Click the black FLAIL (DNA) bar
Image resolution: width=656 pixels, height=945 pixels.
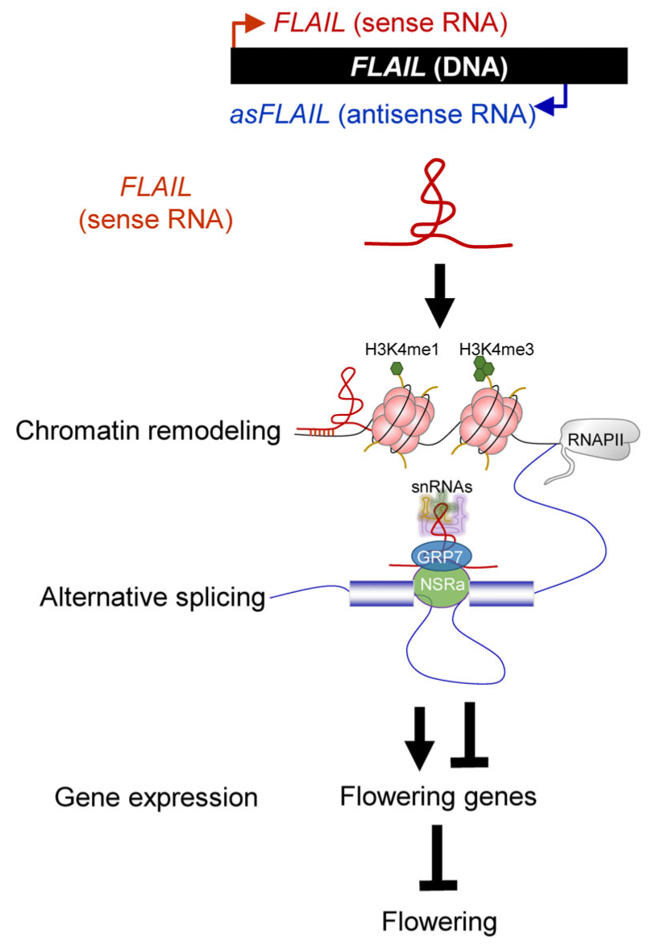point(428,67)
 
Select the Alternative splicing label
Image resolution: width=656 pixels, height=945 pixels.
point(140,597)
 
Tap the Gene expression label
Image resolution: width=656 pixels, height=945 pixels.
point(156,798)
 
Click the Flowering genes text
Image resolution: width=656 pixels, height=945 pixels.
point(438,797)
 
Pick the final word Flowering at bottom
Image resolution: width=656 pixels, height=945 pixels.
point(438,921)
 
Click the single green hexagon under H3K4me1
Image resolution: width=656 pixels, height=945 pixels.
point(397,368)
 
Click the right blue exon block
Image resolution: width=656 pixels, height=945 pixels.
point(500,593)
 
